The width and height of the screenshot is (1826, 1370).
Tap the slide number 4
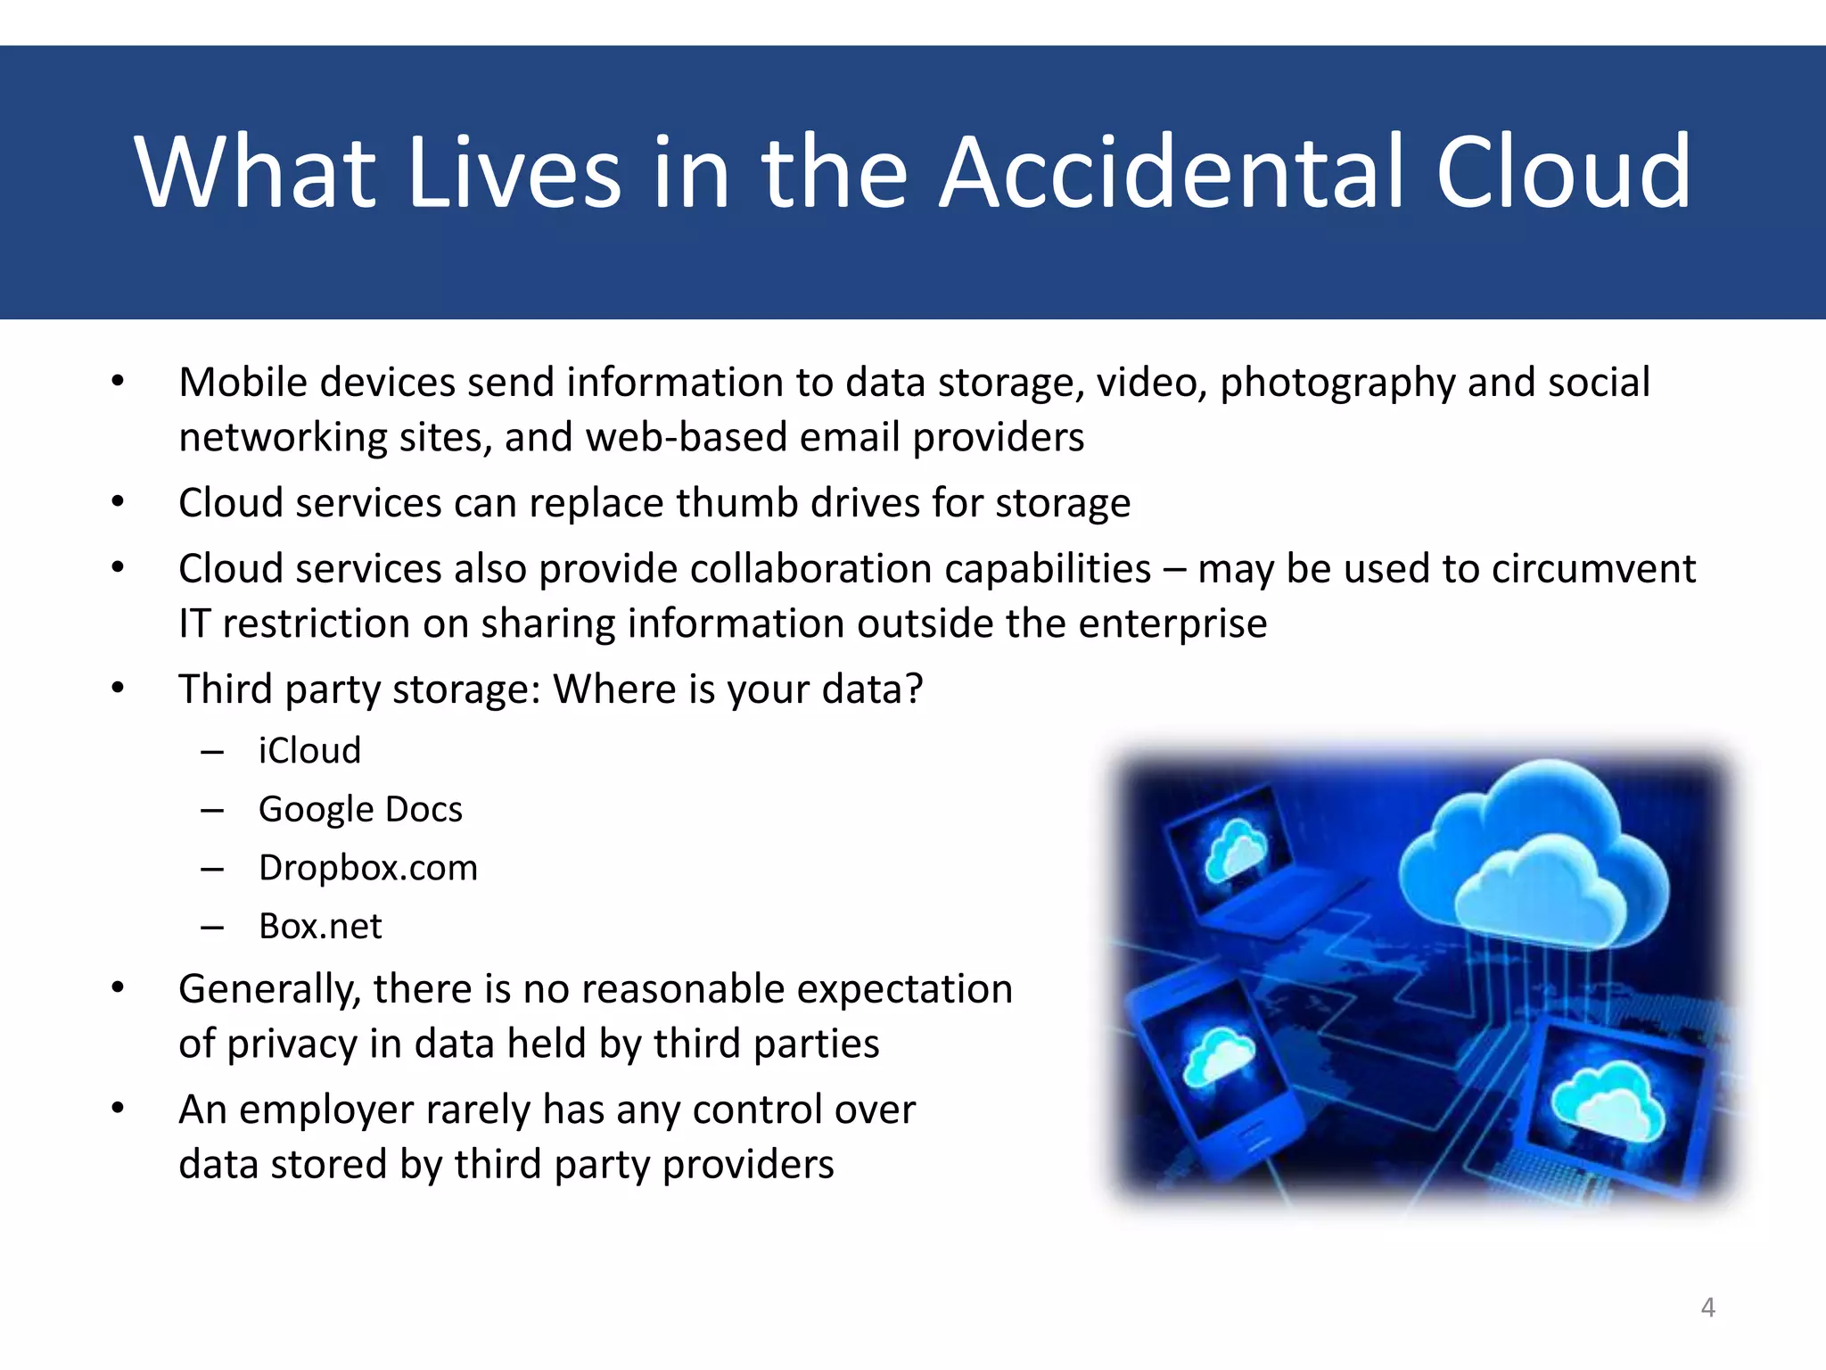coord(1707,1308)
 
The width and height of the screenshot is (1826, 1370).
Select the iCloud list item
coord(309,751)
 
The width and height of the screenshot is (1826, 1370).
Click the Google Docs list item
coord(360,810)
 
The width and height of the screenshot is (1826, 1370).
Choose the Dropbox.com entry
coord(367,868)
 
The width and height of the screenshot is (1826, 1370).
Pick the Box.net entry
coord(320,927)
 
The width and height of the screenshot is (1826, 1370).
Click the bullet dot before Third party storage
coord(118,689)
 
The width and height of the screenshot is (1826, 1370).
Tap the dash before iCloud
coord(212,752)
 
